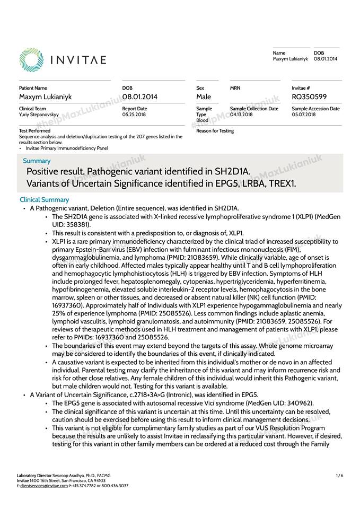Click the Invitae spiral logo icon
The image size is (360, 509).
coord(31,59)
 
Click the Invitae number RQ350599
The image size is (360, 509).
coord(309,96)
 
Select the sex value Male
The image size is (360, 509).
coord(204,96)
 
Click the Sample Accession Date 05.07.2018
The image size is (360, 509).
coord(304,115)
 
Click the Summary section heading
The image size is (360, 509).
coord(37,161)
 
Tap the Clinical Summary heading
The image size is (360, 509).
coord(44,200)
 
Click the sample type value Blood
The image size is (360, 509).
coord(202,120)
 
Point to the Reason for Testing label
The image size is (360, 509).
coord(215,131)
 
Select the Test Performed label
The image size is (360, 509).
coord(34,130)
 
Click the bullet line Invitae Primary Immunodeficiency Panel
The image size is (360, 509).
coord(67,148)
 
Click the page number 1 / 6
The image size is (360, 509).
coord(339,476)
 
